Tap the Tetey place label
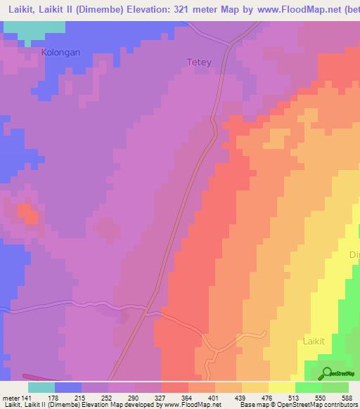coord(199,62)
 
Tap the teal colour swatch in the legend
coord(41,387)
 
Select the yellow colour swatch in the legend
coord(282,387)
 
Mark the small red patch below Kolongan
coord(27,212)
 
